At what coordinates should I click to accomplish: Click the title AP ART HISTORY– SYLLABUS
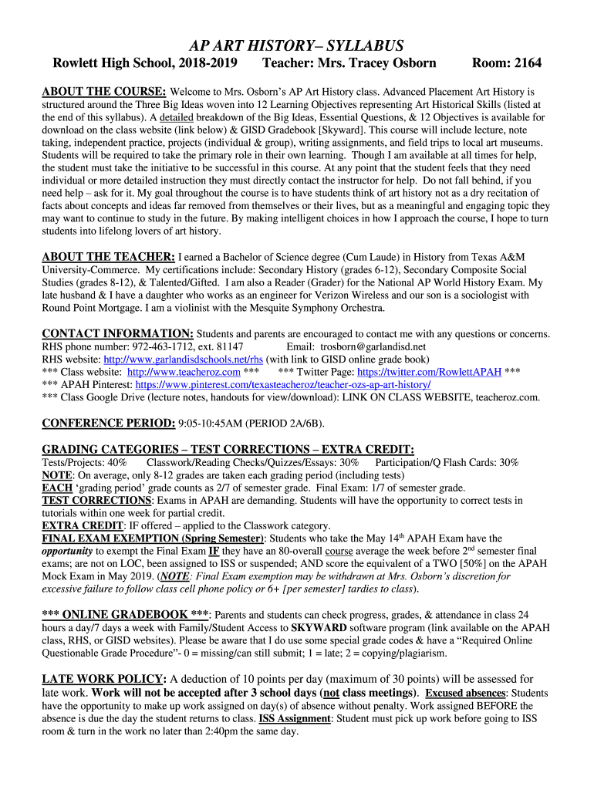tap(297, 46)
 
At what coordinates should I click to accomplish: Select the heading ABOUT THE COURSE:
tap(104, 91)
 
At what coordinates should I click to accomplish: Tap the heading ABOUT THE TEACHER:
tap(108, 256)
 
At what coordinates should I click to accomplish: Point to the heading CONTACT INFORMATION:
tap(118, 333)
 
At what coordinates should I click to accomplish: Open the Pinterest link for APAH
tap(283, 384)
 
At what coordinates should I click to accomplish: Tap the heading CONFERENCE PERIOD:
tap(108, 424)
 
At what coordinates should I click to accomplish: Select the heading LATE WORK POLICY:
tap(103, 679)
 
